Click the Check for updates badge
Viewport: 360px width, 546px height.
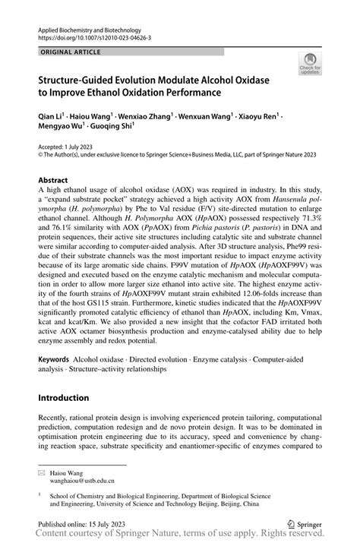(311, 64)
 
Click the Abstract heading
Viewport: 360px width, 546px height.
(54, 181)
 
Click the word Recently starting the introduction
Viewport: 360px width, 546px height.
(55, 418)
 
